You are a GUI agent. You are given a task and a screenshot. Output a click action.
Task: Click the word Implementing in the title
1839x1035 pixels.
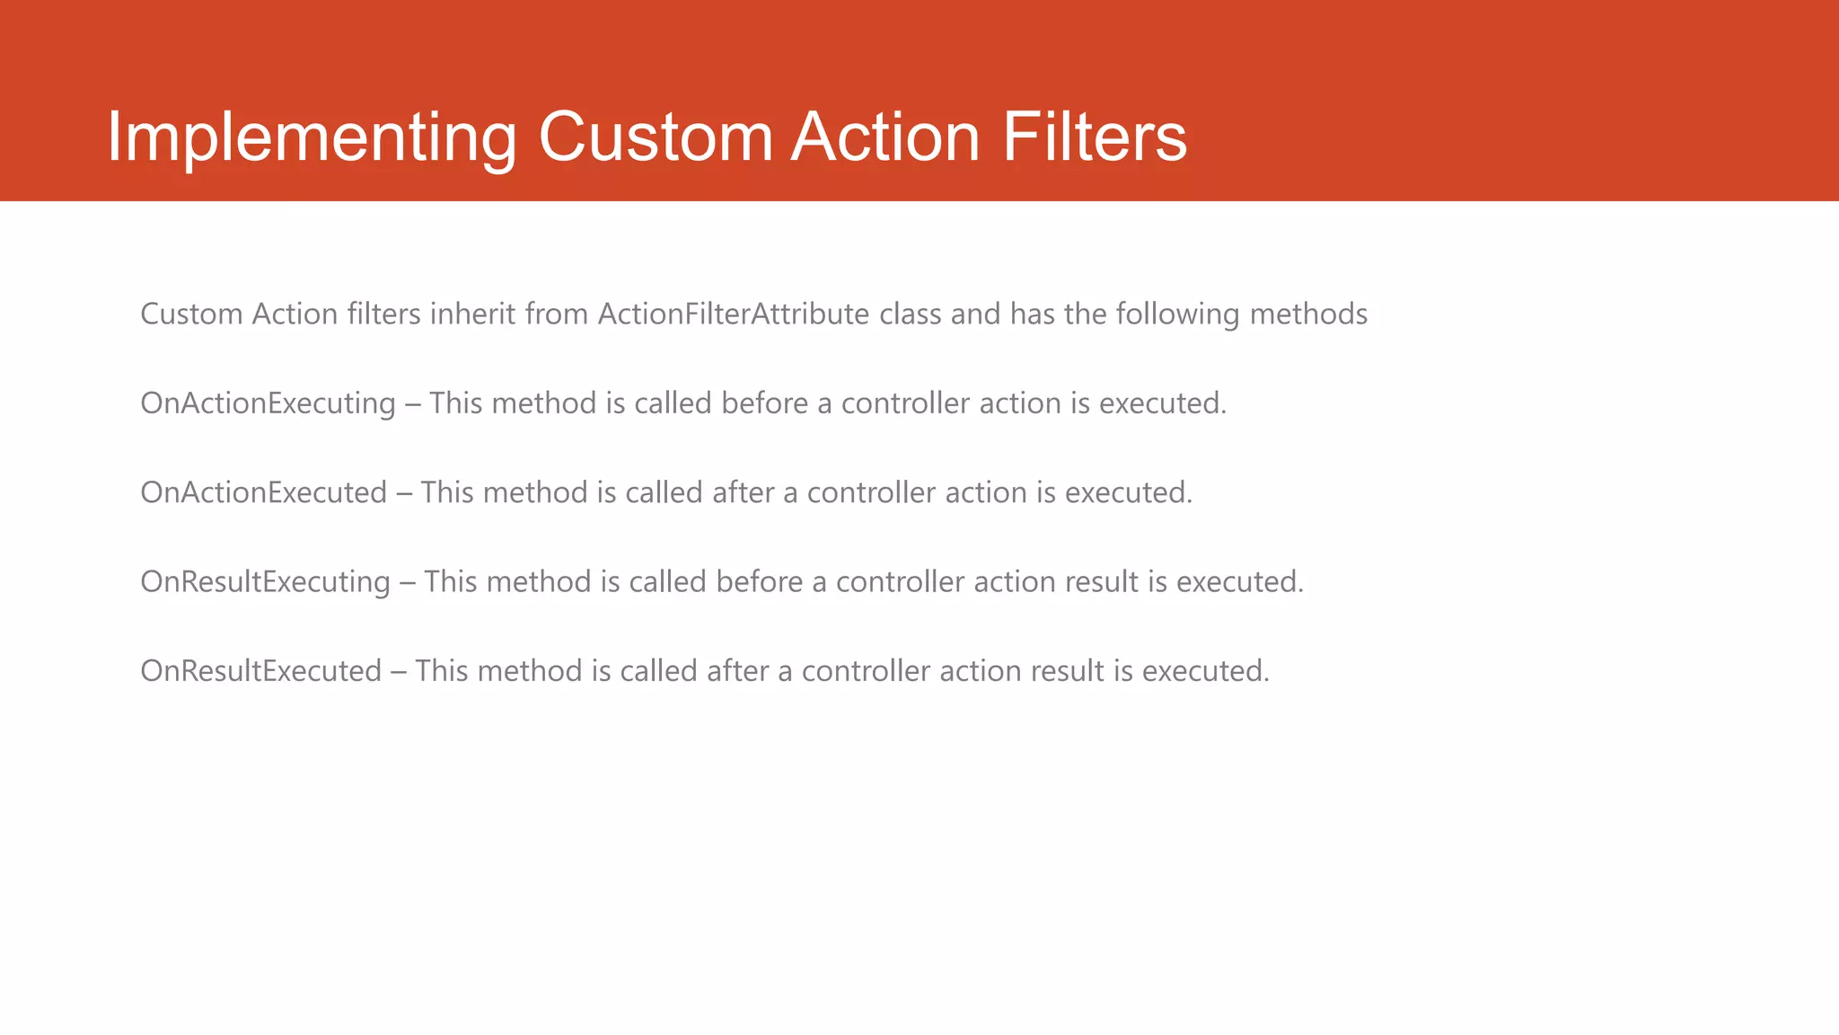tap(312, 137)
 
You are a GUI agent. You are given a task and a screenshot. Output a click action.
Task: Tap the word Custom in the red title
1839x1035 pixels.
tap(656, 137)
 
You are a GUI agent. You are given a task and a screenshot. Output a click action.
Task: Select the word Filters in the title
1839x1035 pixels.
tap(1094, 137)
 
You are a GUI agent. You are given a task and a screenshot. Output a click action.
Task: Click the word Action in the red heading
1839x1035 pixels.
tap(884, 137)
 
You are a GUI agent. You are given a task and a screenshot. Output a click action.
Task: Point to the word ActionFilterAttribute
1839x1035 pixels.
tap(734, 314)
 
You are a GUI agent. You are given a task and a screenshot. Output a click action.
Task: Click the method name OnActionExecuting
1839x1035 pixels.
tap(268, 403)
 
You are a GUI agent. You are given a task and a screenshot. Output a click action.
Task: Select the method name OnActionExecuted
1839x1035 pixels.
tap(263, 492)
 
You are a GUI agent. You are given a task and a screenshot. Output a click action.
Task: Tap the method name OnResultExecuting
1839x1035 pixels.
tap(265, 582)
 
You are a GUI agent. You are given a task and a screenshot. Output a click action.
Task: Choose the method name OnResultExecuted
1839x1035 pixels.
tap(260, 671)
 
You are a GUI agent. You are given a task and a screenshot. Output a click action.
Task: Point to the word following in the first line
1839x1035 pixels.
tap(1177, 314)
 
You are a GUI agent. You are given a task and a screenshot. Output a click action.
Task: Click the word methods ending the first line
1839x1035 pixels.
tap(1308, 314)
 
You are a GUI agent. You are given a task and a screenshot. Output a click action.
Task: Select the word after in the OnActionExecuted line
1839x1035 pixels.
tap(742, 492)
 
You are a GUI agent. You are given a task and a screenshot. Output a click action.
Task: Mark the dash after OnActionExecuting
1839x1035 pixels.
tap(412, 403)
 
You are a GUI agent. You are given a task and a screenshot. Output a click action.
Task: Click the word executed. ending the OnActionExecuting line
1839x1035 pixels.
tap(1162, 403)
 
